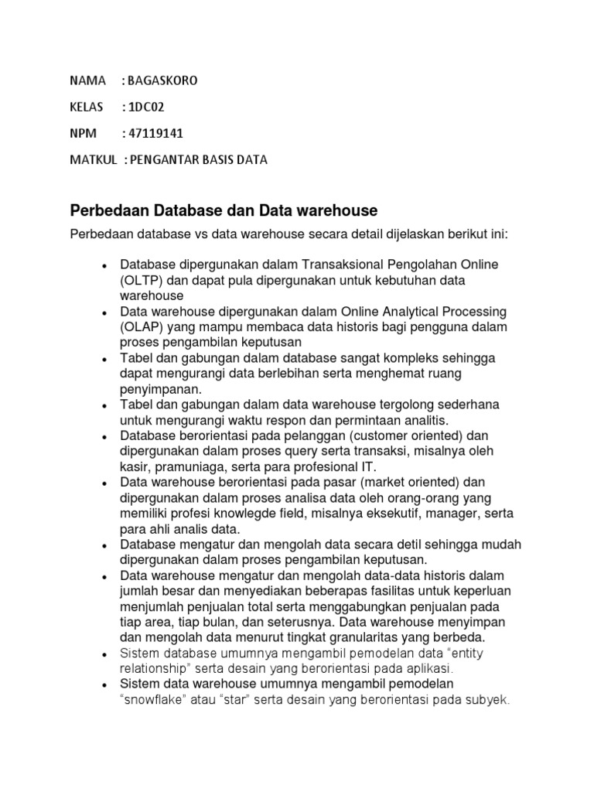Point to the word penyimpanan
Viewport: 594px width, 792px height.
(159, 389)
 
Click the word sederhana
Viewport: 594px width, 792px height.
(461, 405)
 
